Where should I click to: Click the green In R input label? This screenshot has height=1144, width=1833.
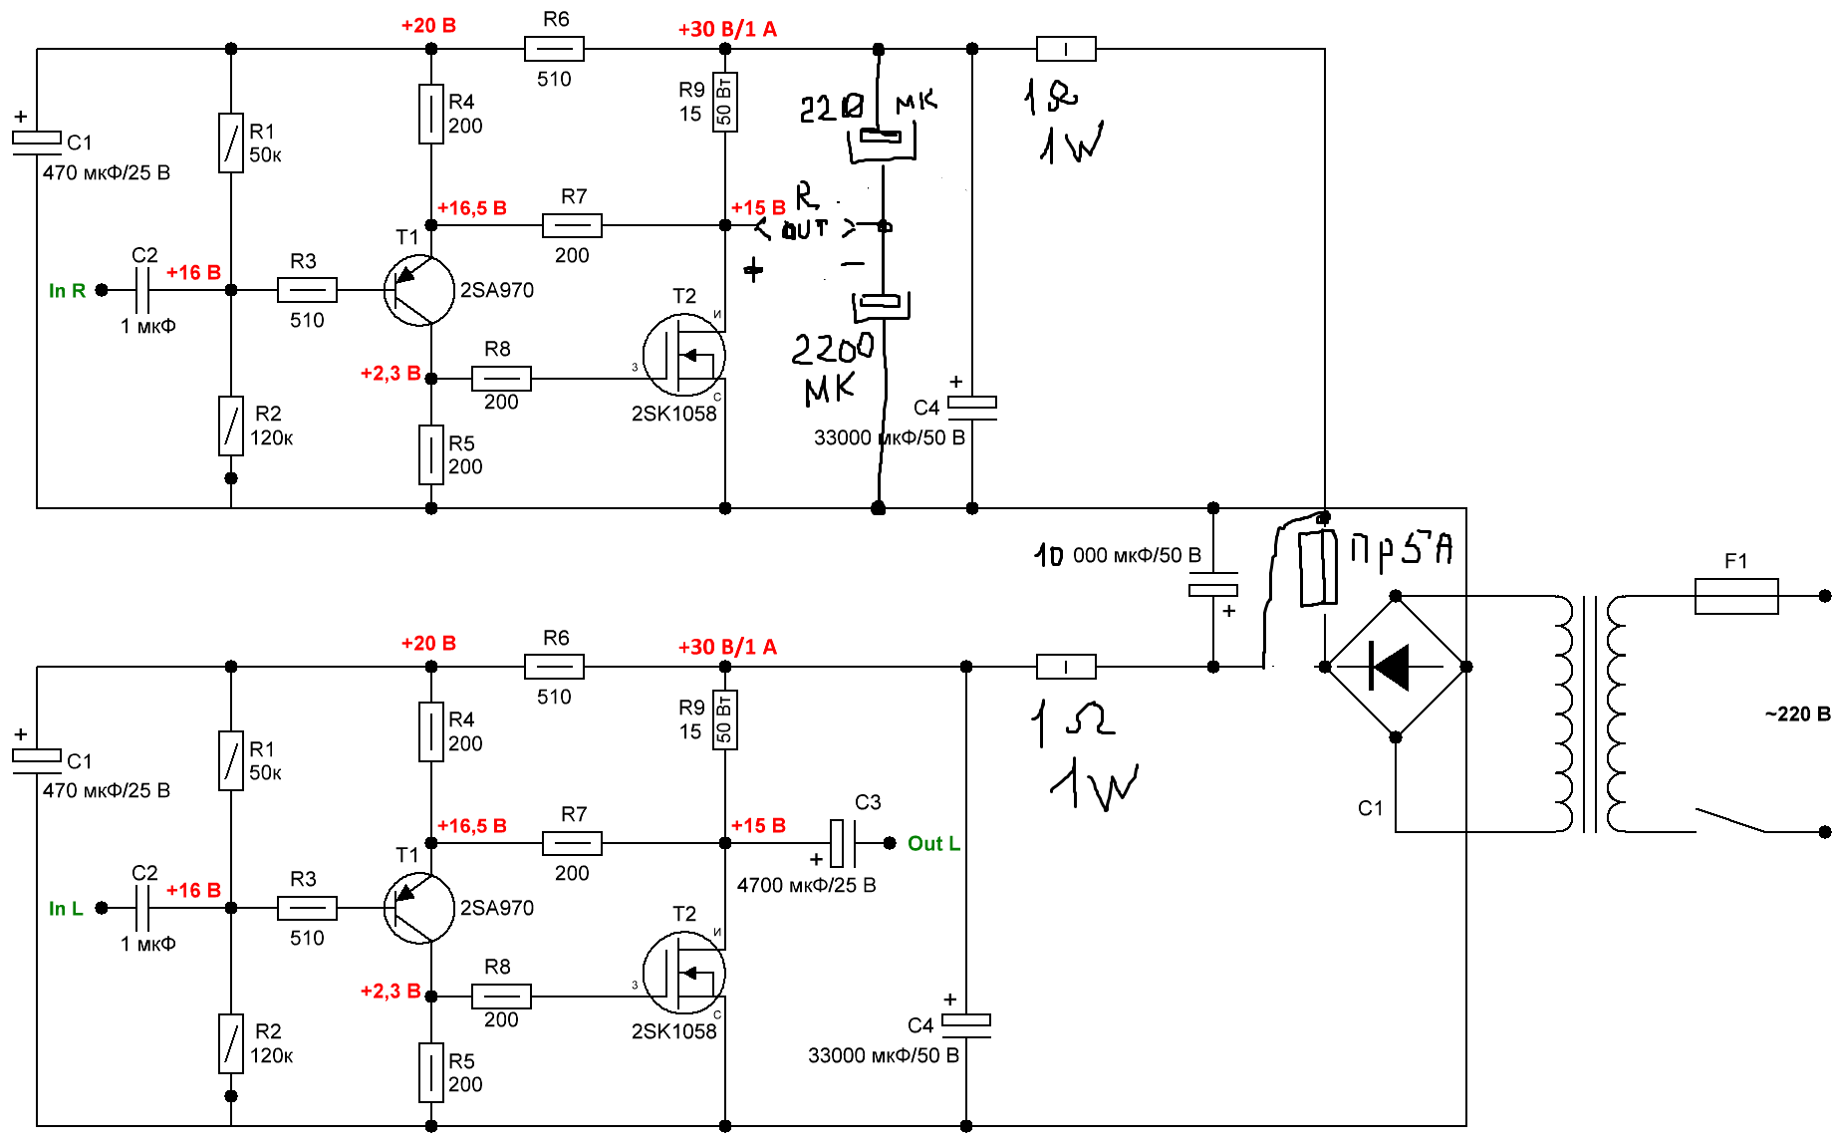pyautogui.click(x=67, y=291)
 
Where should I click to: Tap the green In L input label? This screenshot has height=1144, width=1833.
pyautogui.click(x=66, y=909)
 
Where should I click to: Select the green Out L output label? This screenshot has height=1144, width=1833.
pyautogui.click(x=933, y=844)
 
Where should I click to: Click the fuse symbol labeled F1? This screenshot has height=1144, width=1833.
pyautogui.click(x=1736, y=596)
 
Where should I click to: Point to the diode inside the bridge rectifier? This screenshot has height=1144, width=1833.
pyautogui.click(x=1393, y=667)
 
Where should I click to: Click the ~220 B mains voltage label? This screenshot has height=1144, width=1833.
pyautogui.click(x=1797, y=715)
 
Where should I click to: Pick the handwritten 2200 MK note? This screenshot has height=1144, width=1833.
pyautogui.click(x=832, y=367)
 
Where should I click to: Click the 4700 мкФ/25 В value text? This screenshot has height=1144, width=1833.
pyautogui.click(x=806, y=885)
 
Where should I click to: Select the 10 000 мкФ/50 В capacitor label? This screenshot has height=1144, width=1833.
pyautogui.click(x=1118, y=555)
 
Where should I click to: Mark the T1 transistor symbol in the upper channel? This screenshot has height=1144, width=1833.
pyautogui.click(x=419, y=290)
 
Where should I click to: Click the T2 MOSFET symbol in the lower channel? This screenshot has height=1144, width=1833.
pyautogui.click(x=684, y=973)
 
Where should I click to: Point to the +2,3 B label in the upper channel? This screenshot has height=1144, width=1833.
pyautogui.click(x=390, y=374)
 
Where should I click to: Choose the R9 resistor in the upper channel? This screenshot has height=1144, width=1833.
pyautogui.click(x=724, y=102)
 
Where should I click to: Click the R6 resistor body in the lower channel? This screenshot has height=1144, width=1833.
pyautogui.click(x=554, y=667)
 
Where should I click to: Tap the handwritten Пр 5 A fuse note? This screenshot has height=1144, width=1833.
pyautogui.click(x=1401, y=549)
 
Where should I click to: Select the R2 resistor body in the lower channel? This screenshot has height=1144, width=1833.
pyautogui.click(x=231, y=1043)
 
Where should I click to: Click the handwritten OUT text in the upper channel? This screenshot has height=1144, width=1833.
pyautogui.click(x=805, y=230)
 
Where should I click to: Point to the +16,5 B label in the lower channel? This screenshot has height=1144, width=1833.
pyautogui.click(x=472, y=826)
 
